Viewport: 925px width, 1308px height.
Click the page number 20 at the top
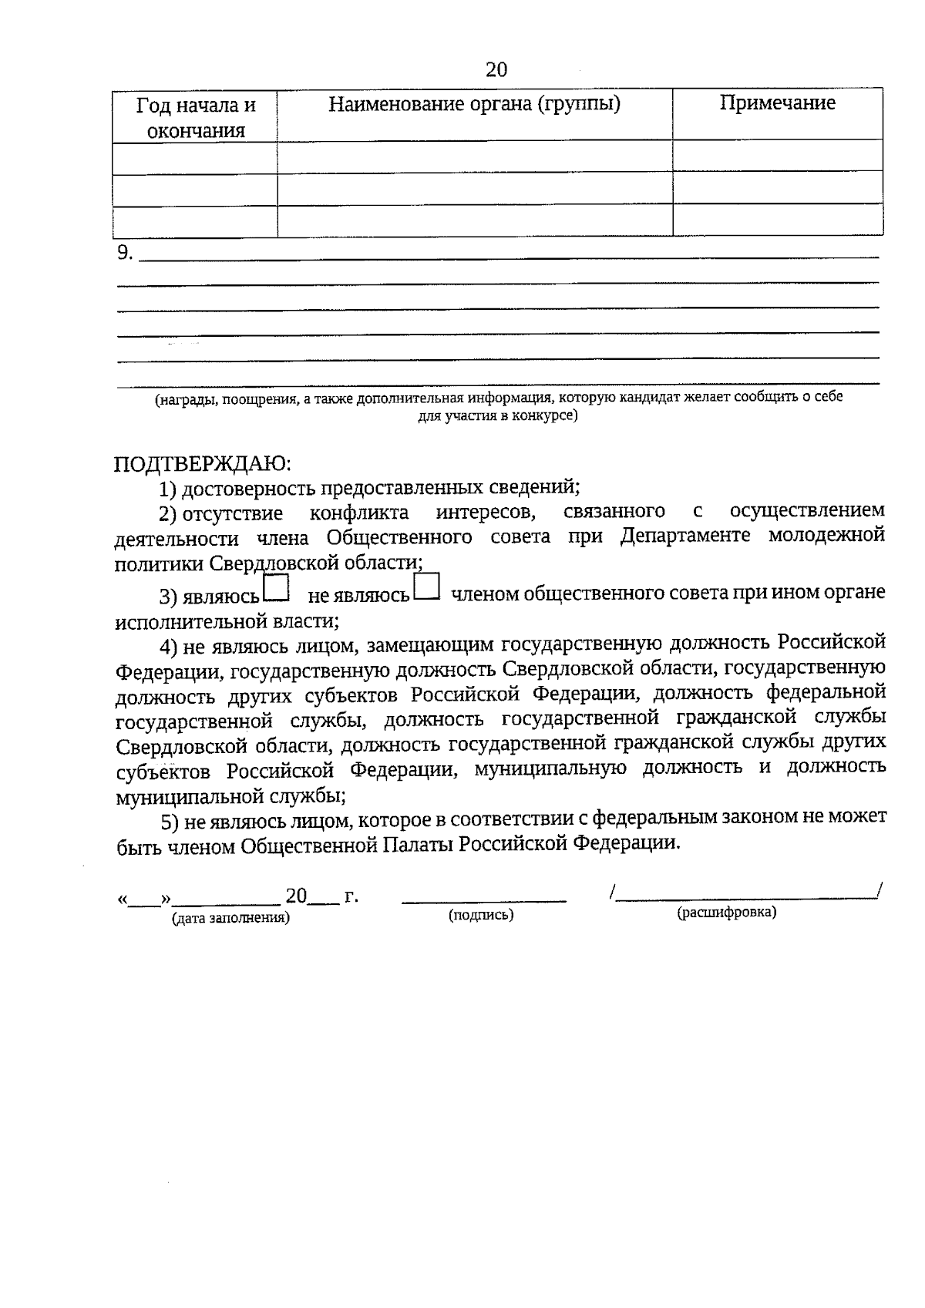(x=496, y=69)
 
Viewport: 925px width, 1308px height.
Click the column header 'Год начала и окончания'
(x=196, y=117)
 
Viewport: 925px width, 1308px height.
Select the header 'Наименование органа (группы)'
(x=474, y=103)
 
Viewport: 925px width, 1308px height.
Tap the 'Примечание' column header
(x=777, y=103)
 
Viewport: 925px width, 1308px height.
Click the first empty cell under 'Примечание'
(x=777, y=155)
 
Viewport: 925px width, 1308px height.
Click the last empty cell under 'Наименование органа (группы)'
(x=474, y=220)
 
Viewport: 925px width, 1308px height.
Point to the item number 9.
(x=125, y=252)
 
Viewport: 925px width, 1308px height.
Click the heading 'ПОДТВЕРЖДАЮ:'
(x=203, y=463)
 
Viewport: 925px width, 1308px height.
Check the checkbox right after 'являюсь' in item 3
(x=276, y=588)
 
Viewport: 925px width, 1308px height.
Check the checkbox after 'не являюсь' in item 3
(x=426, y=587)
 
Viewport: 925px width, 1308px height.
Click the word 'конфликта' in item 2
(x=359, y=512)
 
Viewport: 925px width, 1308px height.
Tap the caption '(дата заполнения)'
(x=231, y=918)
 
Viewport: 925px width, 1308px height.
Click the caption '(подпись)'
(x=481, y=915)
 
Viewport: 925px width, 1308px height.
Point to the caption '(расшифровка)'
(x=727, y=913)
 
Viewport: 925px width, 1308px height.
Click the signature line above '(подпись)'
(x=484, y=899)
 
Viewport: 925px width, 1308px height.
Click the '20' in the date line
(x=296, y=896)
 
